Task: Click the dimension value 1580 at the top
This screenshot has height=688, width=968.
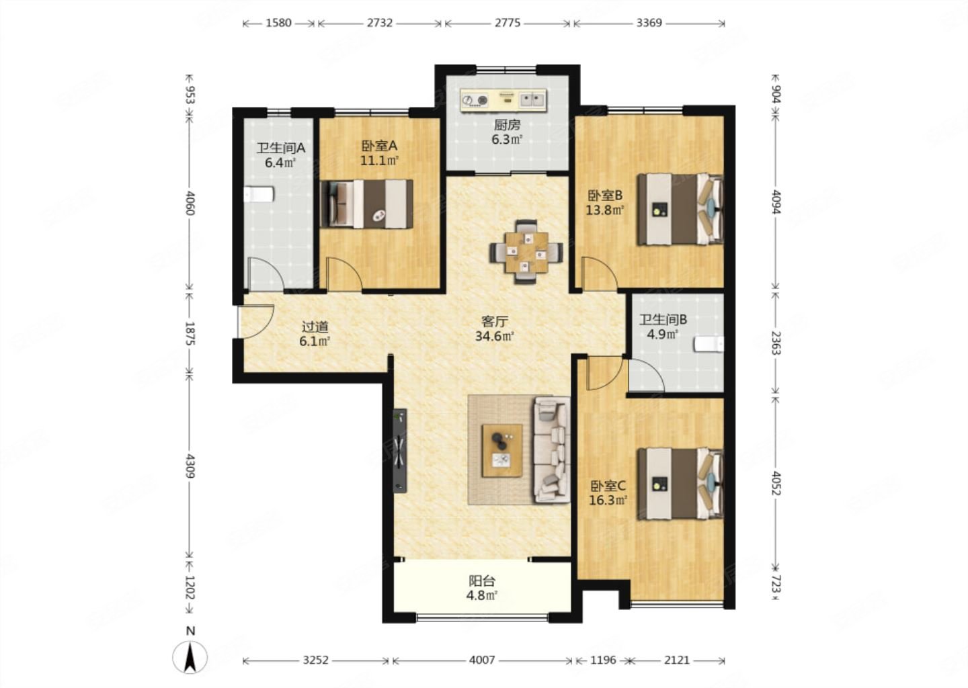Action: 278,23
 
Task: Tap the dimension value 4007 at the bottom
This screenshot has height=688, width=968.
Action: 482,660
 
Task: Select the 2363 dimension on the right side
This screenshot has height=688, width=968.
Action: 776,343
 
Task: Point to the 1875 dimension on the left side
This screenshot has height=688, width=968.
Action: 190,333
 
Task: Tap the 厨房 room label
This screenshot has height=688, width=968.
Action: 507,125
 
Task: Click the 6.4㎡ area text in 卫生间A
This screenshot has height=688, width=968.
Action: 280,163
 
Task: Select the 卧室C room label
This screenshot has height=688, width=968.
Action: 608,486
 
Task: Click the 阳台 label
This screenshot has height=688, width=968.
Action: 482,581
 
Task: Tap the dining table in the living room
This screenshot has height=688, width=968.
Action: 526,252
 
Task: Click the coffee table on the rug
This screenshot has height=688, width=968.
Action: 501,450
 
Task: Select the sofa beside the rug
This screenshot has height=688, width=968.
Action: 552,449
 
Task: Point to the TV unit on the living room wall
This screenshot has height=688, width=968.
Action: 400,450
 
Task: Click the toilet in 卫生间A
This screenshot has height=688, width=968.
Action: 259,194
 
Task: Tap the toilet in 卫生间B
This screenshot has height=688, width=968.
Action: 709,344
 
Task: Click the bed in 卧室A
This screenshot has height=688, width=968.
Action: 366,204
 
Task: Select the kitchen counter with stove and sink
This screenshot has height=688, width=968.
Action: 503,100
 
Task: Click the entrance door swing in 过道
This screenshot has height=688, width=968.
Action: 256,321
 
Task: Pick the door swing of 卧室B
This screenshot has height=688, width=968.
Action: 600,273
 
